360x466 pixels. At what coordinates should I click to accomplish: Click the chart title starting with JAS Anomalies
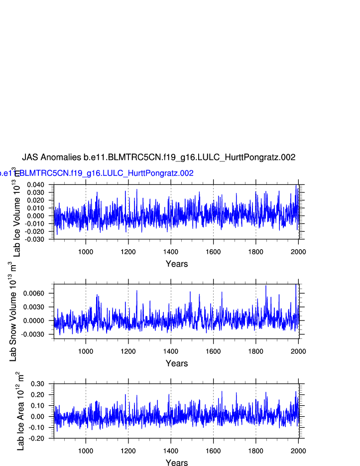point(158,157)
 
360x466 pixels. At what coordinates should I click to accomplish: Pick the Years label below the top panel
point(177,264)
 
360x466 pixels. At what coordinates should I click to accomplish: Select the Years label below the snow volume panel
point(177,363)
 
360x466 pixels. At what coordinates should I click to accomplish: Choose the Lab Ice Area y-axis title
point(20,411)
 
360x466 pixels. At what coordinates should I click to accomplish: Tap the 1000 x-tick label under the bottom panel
point(86,451)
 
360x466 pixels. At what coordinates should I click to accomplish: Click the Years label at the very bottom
point(177,463)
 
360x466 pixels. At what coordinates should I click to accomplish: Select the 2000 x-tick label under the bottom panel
point(298,451)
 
